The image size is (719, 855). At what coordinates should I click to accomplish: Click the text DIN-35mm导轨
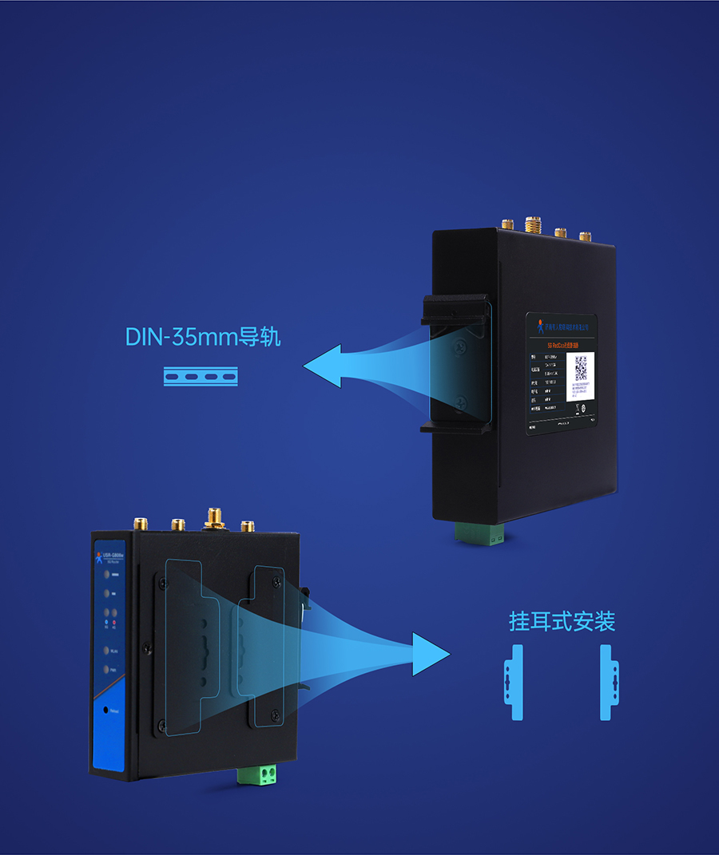point(203,336)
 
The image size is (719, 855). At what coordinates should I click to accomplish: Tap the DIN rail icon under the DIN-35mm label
point(201,376)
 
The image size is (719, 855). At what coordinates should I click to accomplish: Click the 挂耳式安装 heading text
point(562,622)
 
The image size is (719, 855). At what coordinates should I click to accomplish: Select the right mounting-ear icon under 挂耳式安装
point(610,682)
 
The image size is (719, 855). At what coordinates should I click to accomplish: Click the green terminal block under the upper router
point(479,532)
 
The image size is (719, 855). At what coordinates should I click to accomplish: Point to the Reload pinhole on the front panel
point(105,709)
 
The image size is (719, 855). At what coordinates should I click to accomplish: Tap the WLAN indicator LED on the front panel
point(105,651)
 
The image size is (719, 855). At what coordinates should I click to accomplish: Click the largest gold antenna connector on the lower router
point(213,519)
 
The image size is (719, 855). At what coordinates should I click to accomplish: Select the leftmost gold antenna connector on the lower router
point(140,524)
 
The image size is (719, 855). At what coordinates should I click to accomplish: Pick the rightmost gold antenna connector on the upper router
point(585,236)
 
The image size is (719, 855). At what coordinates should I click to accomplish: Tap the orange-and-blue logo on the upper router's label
point(540,325)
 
